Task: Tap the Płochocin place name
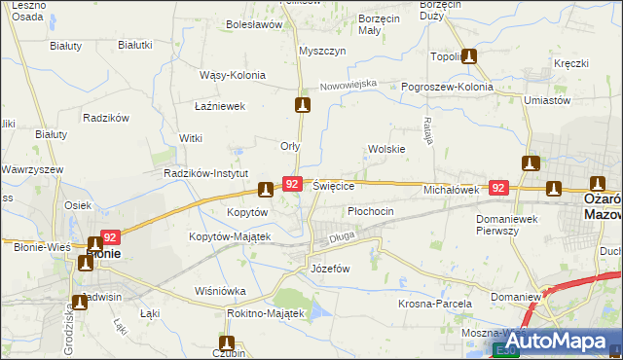[x=371, y=211]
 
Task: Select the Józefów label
[x=329, y=268]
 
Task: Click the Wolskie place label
[x=386, y=149]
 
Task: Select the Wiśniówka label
[x=220, y=291]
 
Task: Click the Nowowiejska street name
[x=348, y=86]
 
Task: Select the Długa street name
[x=342, y=234]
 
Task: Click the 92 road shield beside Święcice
[x=291, y=183]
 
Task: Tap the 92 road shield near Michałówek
[x=498, y=188]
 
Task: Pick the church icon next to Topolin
[x=469, y=56]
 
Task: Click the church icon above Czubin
[x=228, y=342]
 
